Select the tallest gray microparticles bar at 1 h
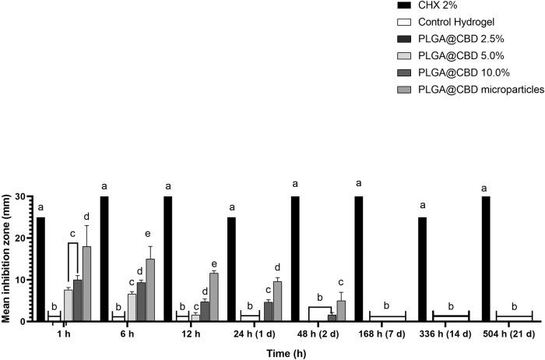tap(87, 284)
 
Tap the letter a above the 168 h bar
tap(359, 183)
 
